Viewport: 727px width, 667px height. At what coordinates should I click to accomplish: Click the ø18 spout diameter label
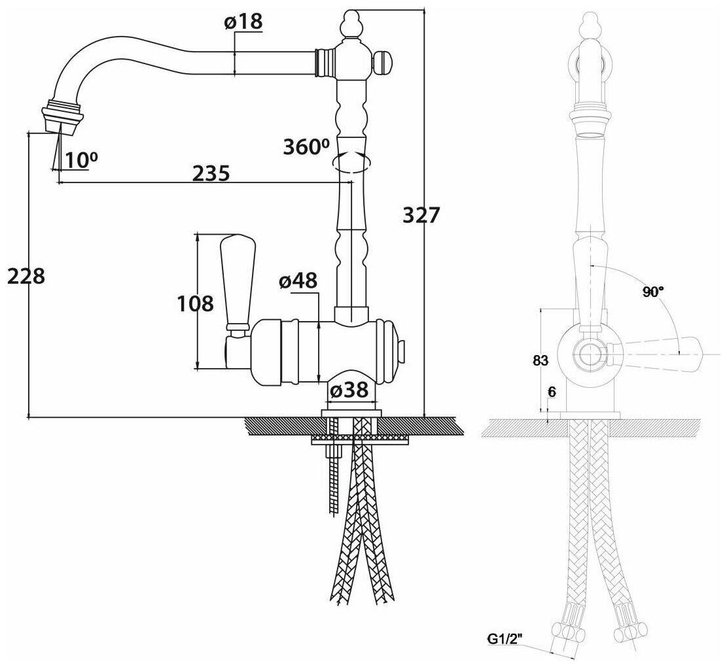click(243, 22)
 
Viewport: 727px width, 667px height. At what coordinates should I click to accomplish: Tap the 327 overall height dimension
click(420, 215)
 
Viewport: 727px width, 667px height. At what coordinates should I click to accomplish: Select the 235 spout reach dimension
click(211, 173)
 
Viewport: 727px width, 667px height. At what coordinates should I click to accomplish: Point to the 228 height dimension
click(26, 276)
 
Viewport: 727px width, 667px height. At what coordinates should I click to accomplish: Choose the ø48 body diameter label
click(298, 281)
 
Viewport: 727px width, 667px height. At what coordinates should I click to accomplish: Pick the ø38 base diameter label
click(349, 391)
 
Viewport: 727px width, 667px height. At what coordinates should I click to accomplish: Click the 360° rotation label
click(305, 146)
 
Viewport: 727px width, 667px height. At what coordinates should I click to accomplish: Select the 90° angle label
click(651, 292)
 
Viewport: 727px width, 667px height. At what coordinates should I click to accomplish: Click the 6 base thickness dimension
click(552, 392)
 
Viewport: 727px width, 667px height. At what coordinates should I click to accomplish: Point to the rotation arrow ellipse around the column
click(351, 162)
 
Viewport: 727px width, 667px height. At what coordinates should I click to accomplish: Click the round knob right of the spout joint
click(383, 63)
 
